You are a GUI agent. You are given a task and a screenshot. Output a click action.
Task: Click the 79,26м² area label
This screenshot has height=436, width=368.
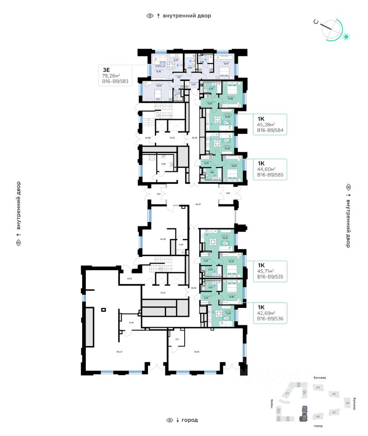click(113, 76)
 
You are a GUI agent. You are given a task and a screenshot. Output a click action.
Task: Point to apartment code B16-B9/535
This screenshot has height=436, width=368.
click(270, 276)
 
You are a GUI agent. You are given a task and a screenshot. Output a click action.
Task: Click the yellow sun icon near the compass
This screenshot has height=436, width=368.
click(347, 36)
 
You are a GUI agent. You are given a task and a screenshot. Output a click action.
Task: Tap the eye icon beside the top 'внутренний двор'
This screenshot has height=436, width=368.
click(150, 16)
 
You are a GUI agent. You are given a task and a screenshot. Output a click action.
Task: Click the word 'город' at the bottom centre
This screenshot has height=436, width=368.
click(190, 420)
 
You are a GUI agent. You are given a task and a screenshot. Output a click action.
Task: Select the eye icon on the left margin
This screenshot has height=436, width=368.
click(19, 243)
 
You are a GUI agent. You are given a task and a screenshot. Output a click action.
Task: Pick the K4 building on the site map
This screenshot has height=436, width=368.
click(318, 387)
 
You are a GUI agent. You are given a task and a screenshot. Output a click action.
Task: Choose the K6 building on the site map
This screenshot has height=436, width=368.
click(348, 403)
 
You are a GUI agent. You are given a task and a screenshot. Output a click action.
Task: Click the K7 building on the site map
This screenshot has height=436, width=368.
click(334, 412)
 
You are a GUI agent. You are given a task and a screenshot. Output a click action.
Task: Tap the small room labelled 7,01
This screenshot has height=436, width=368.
click(177, 339)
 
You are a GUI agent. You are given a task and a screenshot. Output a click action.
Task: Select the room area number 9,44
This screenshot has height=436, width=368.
click(132, 322)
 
